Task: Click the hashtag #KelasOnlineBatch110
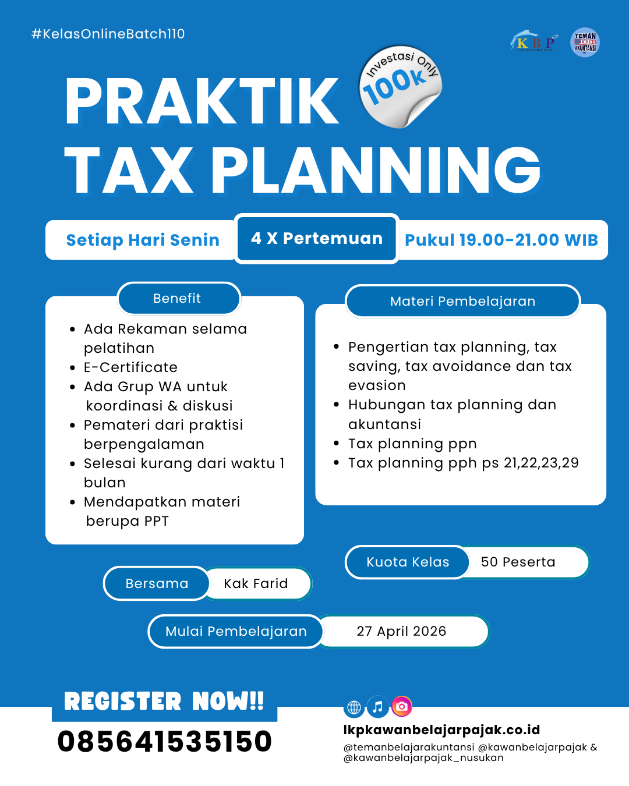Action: (108, 34)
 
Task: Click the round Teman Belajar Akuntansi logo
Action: (585, 42)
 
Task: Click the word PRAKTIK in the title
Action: (202, 102)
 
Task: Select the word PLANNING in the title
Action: (376, 170)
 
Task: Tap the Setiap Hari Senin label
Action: (143, 240)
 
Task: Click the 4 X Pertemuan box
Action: (317, 239)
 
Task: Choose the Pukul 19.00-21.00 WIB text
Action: (501, 240)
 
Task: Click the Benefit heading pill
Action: (177, 298)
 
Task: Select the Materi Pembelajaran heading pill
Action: (462, 301)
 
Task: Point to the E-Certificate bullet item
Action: (130, 367)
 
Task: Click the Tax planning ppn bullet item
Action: (412, 444)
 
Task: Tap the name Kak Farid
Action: (256, 583)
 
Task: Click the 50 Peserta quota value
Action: (518, 562)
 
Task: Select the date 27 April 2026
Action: (401, 631)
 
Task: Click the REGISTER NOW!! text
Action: (164, 701)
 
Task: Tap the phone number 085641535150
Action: (165, 741)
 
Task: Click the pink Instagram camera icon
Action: (401, 707)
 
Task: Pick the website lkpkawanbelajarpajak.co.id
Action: (441, 730)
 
